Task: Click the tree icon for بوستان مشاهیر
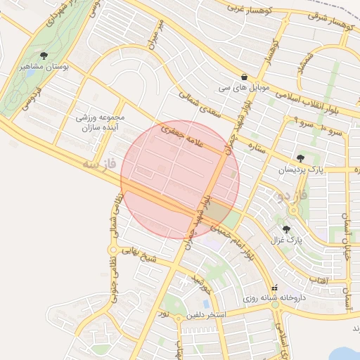tap(44, 55)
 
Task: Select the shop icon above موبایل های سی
tap(243, 77)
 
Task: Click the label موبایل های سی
tap(243, 89)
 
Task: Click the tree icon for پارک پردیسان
tap(301, 158)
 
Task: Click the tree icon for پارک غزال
tap(286, 229)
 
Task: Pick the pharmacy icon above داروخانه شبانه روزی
tap(275, 287)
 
